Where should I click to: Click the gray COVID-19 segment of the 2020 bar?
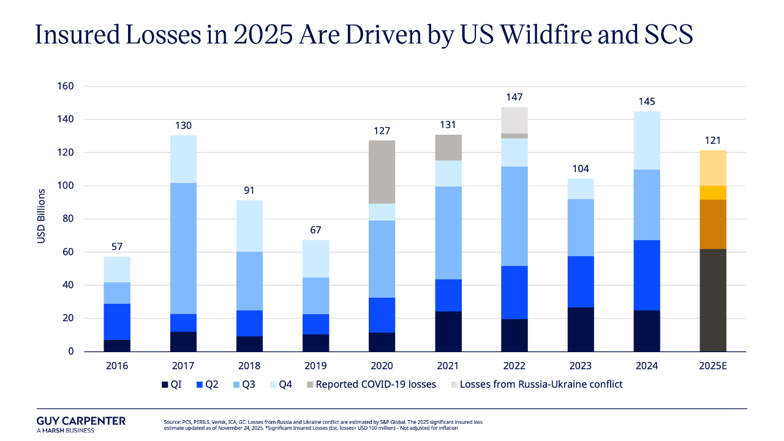point(382,172)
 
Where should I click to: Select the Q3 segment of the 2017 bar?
point(183,248)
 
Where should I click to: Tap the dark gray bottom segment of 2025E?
point(713,300)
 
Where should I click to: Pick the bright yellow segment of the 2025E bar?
point(713,192)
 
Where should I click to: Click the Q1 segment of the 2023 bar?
point(581,329)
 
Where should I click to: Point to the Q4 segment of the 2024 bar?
point(647,140)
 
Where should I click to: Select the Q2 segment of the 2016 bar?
point(117,322)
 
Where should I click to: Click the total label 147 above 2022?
point(514,97)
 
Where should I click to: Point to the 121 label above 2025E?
point(713,140)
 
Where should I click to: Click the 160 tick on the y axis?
point(65,86)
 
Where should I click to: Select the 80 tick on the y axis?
point(67,219)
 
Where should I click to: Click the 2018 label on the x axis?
point(249,366)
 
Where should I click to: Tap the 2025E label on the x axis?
point(713,366)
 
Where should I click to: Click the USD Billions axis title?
point(42,219)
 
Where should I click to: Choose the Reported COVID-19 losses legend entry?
point(371,385)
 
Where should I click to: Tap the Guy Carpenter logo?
point(81,424)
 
